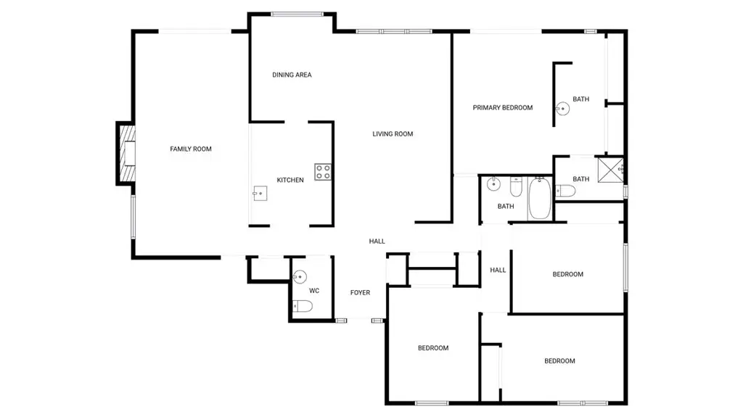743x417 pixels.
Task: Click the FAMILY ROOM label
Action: [x=191, y=149]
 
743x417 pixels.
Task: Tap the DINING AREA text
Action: [x=292, y=75]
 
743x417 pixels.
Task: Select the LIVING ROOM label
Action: [x=393, y=133]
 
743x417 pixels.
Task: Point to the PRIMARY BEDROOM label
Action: [x=502, y=107]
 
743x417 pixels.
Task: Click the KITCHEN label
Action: [x=290, y=180]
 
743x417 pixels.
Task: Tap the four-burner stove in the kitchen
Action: [x=323, y=172]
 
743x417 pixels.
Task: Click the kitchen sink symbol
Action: [x=260, y=194]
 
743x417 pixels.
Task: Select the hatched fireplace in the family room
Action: [x=126, y=153]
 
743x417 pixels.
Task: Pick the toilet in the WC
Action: [x=303, y=307]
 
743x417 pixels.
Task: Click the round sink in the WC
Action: [x=300, y=276]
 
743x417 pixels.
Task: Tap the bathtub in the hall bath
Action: [x=539, y=198]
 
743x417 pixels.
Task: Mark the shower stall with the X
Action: [x=609, y=170]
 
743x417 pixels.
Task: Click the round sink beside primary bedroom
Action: [x=562, y=109]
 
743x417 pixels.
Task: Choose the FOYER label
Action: [x=360, y=292]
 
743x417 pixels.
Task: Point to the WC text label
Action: [x=314, y=291]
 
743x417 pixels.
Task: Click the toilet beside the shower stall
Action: [x=565, y=191]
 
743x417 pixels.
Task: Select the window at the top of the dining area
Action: [x=297, y=15]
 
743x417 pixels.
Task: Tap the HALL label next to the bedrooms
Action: [x=498, y=270]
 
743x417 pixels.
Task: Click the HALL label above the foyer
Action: [x=377, y=241]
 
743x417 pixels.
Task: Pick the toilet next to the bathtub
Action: [x=516, y=186]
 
